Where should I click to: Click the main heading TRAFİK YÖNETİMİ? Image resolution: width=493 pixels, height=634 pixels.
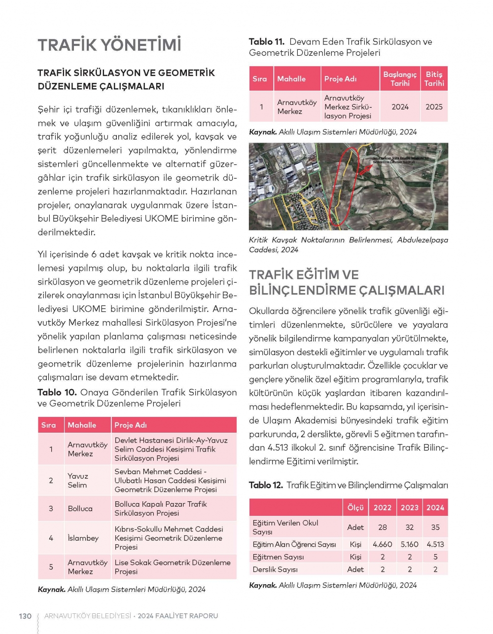(109, 45)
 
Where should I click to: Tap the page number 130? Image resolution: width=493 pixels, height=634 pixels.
(25, 616)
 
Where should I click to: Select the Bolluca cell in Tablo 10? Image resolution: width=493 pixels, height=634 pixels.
(80, 508)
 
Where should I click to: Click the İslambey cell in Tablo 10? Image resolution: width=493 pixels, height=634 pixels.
(83, 538)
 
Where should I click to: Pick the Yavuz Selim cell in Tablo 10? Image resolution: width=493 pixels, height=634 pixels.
(78, 481)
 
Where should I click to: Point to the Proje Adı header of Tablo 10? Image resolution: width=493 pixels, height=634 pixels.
(131, 425)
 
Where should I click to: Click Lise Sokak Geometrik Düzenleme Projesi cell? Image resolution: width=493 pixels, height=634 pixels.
(172, 567)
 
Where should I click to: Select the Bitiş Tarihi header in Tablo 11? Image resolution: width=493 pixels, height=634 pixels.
(434, 79)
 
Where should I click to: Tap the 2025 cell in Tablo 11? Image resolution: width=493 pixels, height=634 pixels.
(434, 107)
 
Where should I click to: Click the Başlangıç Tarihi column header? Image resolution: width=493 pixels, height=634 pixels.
(400, 79)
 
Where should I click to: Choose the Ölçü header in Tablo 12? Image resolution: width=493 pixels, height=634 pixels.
(355, 507)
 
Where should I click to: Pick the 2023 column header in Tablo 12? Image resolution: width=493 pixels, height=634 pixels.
(409, 507)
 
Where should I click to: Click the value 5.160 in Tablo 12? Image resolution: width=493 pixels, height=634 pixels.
(409, 544)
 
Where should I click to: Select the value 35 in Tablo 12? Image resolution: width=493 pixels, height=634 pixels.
(435, 527)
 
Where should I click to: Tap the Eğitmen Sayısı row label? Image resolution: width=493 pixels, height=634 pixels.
(278, 557)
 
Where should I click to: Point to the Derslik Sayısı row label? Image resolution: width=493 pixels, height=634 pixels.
(275, 569)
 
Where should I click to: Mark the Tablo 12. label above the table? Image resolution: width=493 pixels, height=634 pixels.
(266, 485)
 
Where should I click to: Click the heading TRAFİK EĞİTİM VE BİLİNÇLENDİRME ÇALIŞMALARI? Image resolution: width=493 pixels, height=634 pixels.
(347, 282)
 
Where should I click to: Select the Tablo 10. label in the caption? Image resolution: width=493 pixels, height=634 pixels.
(57, 392)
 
